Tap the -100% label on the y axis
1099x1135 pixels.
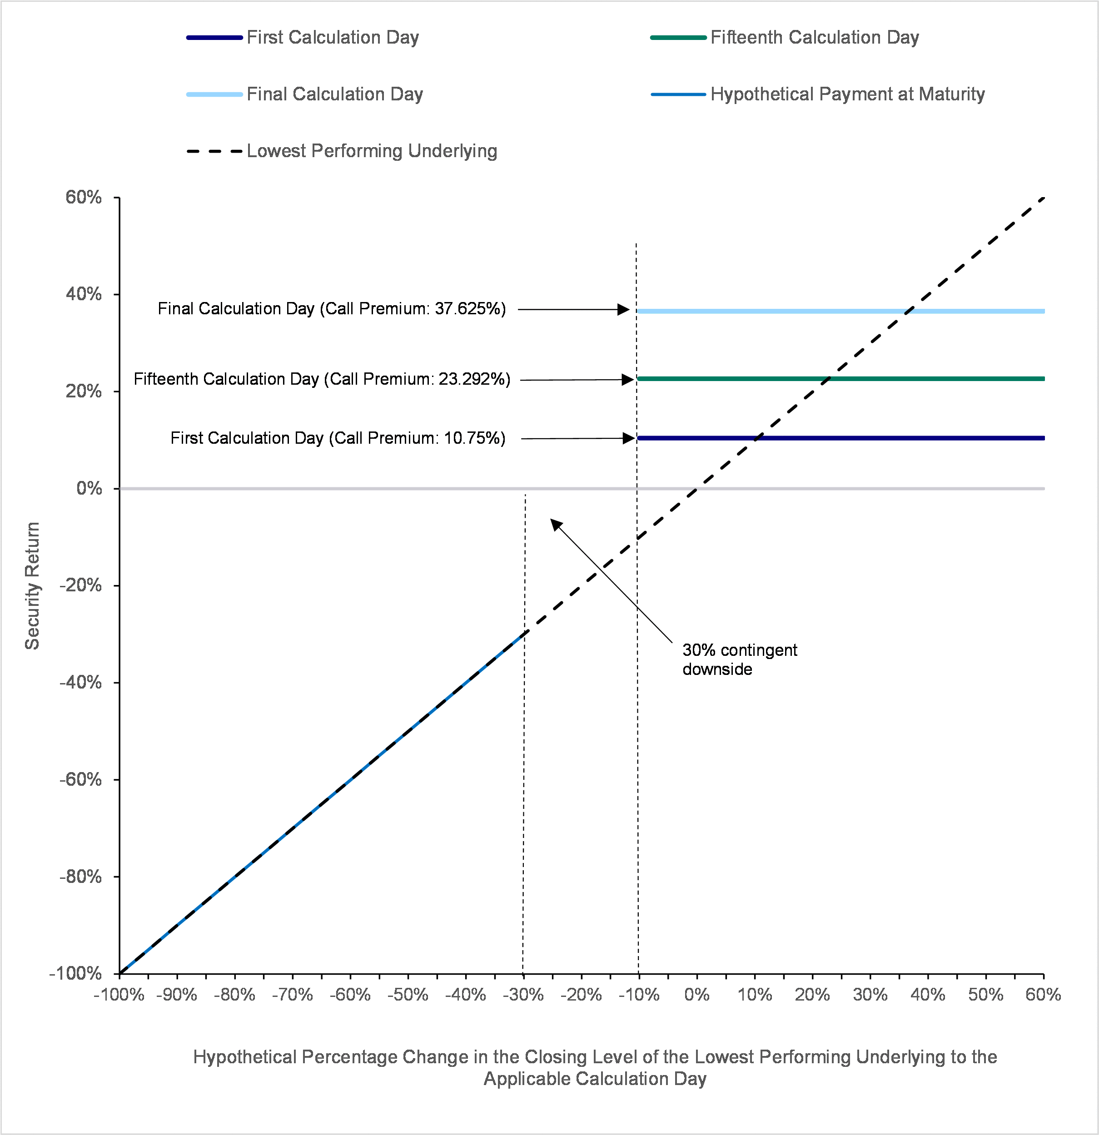(75, 973)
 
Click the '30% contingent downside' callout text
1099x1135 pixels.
(740, 659)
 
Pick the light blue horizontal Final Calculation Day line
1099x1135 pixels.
(840, 312)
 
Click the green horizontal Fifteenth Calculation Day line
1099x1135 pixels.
(840, 379)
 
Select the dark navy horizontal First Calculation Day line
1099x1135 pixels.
(840, 438)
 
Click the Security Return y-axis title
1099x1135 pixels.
(32, 585)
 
